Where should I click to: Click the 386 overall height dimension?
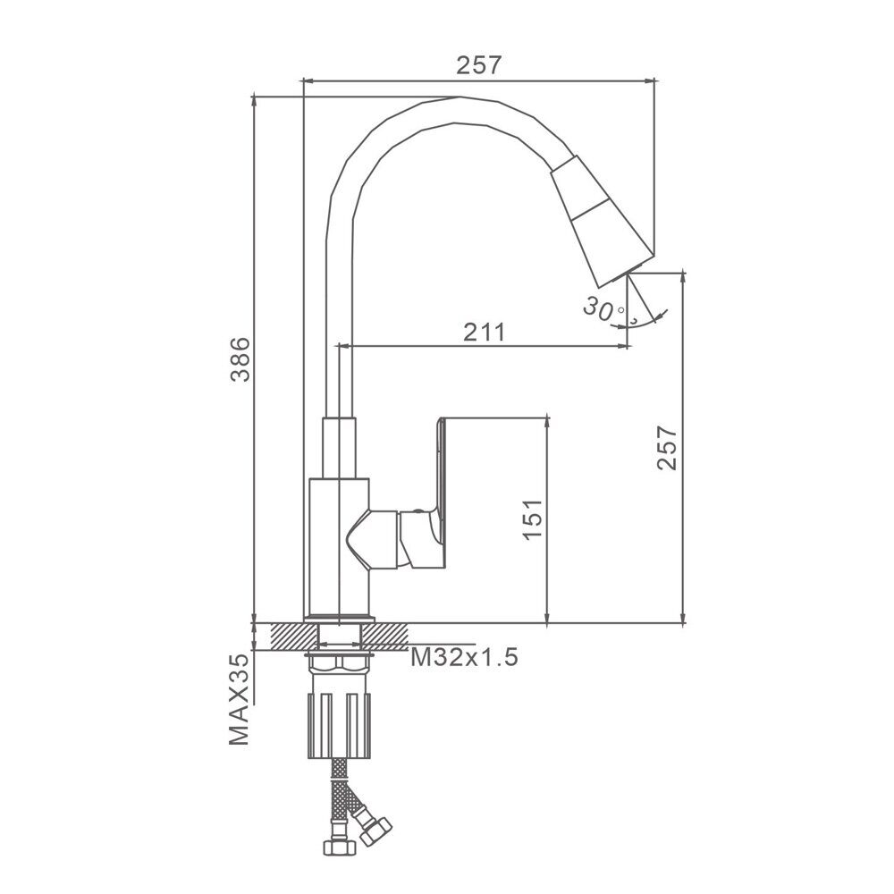tap(240, 359)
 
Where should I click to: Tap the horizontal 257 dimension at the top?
tap(479, 65)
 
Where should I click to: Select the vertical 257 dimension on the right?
tap(666, 447)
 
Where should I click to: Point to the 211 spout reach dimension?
tap(484, 332)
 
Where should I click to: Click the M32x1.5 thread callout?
tap(465, 657)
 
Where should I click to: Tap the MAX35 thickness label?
tap(239, 699)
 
